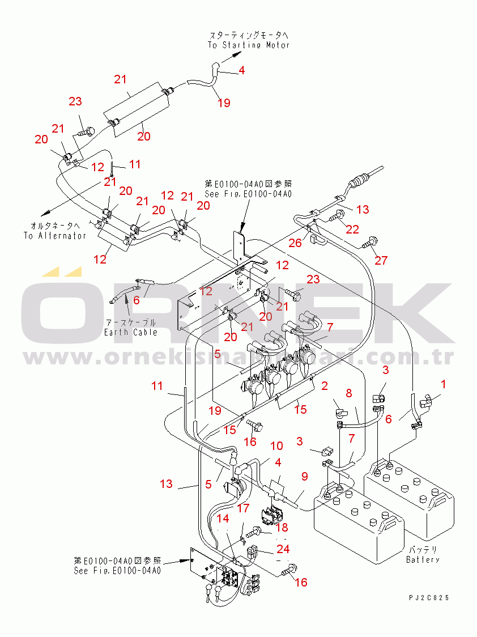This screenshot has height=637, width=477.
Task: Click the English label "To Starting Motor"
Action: [x=248, y=45]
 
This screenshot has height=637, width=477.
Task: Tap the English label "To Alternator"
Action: [x=54, y=236]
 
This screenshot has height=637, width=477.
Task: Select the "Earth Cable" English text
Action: [x=130, y=332]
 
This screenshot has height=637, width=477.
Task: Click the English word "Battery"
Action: [x=423, y=559]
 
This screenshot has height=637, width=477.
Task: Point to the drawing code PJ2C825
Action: [x=430, y=597]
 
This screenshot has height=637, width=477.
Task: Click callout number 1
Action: [x=444, y=384]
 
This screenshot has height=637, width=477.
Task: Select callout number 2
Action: [x=325, y=386]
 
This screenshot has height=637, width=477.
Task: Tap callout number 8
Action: [x=349, y=393]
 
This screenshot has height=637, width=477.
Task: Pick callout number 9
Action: [x=304, y=477]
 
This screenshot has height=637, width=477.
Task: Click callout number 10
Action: [x=276, y=446]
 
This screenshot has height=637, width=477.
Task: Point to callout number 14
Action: [x=223, y=518]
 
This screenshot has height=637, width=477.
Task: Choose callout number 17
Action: [x=243, y=508]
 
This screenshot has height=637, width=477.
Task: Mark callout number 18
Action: [x=282, y=528]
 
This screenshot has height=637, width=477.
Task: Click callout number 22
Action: [x=352, y=228]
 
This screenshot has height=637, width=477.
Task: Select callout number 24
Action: [x=283, y=549]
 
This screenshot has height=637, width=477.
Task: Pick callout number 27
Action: [x=381, y=260]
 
